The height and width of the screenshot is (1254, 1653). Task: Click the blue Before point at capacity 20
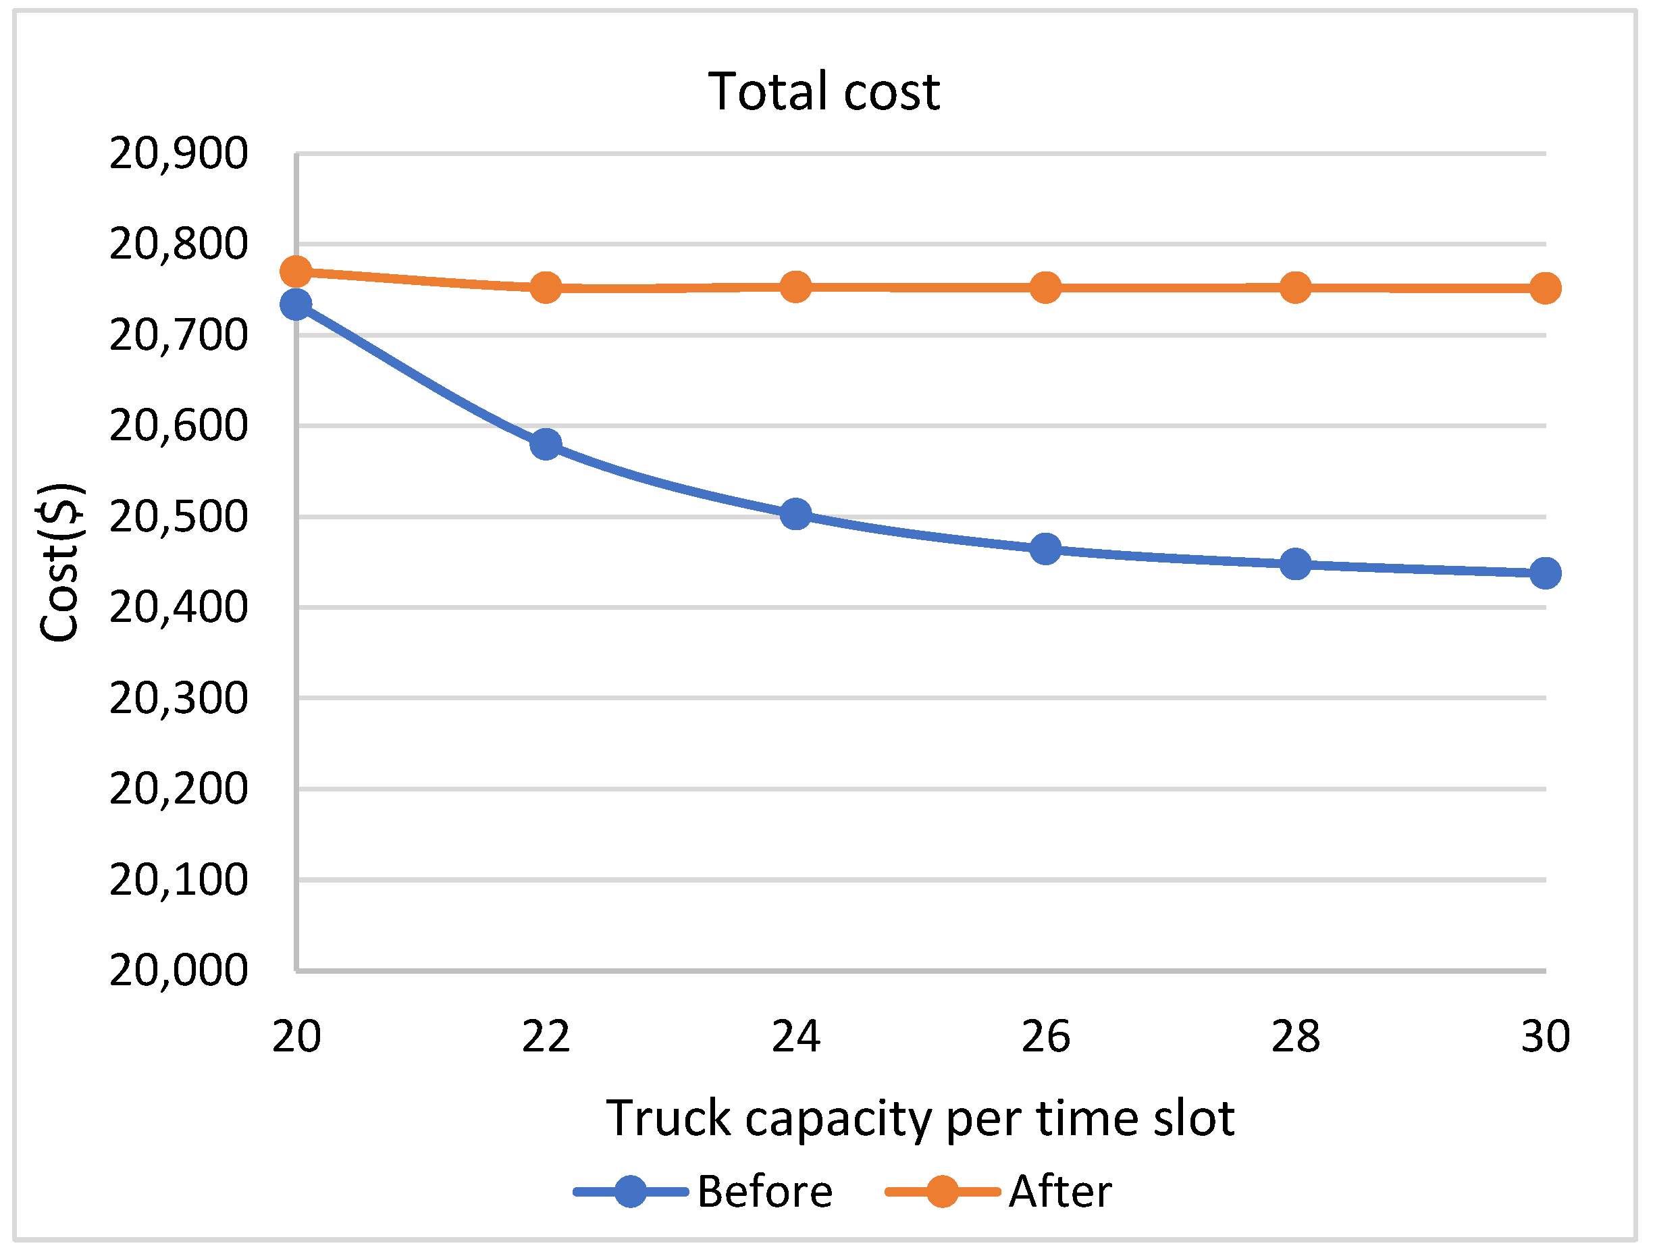coord(296,304)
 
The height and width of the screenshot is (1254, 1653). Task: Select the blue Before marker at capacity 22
coord(546,444)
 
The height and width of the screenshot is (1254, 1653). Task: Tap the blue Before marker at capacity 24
coord(795,514)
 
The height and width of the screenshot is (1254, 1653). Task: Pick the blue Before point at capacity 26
coord(1045,549)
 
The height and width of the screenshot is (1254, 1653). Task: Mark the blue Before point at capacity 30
coord(1545,573)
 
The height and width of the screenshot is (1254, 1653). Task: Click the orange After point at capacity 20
coord(296,271)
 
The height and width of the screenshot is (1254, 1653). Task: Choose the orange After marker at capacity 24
coord(795,287)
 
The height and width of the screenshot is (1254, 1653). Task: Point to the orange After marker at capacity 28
coord(1295,288)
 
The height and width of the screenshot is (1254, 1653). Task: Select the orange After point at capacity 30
coord(1545,288)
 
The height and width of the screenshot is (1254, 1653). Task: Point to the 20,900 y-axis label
coord(178,154)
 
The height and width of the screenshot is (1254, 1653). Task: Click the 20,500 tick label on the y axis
coord(178,517)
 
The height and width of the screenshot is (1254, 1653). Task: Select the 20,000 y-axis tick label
coord(178,970)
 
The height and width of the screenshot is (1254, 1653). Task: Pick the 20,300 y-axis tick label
coord(178,698)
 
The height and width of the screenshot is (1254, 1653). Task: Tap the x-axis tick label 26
coord(1045,1037)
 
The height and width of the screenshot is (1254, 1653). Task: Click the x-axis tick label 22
coord(546,1037)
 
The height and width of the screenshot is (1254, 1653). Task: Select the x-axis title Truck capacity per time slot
coord(920,1118)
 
